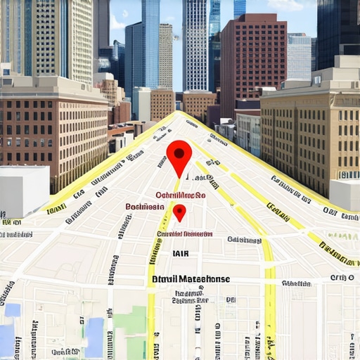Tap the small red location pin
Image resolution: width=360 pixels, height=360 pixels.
tap(179, 211)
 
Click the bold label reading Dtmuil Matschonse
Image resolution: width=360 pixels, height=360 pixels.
tap(191, 279)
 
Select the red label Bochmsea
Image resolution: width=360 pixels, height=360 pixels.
tap(145, 207)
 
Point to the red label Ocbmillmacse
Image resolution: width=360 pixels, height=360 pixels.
tap(180, 195)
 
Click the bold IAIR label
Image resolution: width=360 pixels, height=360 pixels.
tap(181, 253)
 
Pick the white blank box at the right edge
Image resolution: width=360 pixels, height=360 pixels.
tap(345, 194)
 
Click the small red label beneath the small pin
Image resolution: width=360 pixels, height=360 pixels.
tap(185, 233)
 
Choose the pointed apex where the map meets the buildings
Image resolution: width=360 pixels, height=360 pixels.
tap(180, 112)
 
